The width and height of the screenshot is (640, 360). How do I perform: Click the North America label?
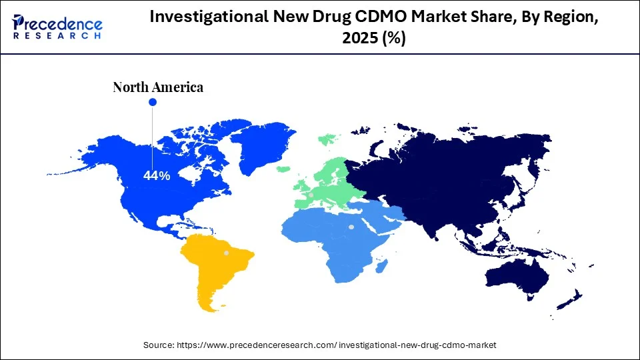click(x=158, y=87)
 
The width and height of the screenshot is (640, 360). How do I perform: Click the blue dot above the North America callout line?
click(x=152, y=102)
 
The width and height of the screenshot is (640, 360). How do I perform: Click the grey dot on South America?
click(x=226, y=253)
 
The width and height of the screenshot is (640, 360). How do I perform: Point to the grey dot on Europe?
click(x=311, y=195)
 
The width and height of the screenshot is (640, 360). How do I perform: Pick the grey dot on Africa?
click(x=351, y=227)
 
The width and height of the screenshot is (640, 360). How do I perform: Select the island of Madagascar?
click(x=383, y=267)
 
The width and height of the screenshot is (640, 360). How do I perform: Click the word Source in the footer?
click(x=159, y=345)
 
